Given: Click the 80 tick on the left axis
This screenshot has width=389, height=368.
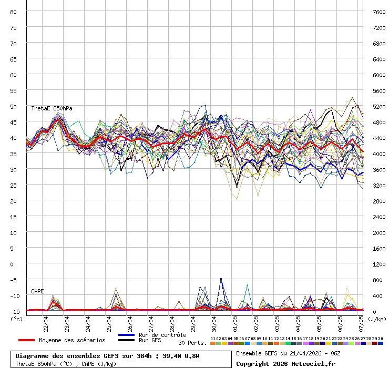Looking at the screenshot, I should click(x=14, y=12).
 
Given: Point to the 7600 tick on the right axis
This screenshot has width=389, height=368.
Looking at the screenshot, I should click(x=378, y=12).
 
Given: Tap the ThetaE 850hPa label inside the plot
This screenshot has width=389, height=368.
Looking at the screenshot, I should click(x=52, y=108).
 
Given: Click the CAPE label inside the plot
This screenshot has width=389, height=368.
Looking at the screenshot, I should click(x=37, y=291).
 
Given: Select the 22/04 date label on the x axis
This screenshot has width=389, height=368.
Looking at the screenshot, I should click(x=46, y=323).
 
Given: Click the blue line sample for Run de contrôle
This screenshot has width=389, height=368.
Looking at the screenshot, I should click(x=126, y=335).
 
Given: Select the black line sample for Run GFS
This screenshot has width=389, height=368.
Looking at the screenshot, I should click(x=126, y=340).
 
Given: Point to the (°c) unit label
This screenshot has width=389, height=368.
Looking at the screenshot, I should click(x=17, y=318).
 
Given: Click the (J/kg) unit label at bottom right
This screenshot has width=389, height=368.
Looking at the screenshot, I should click(x=376, y=318).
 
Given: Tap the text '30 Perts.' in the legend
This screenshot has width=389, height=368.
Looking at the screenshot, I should click(x=192, y=343).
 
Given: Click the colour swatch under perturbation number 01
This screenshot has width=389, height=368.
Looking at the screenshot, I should click(x=213, y=343).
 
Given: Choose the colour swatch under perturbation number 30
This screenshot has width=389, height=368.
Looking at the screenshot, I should click(x=381, y=343).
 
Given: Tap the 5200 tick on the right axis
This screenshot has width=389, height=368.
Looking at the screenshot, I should click(x=378, y=106).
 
